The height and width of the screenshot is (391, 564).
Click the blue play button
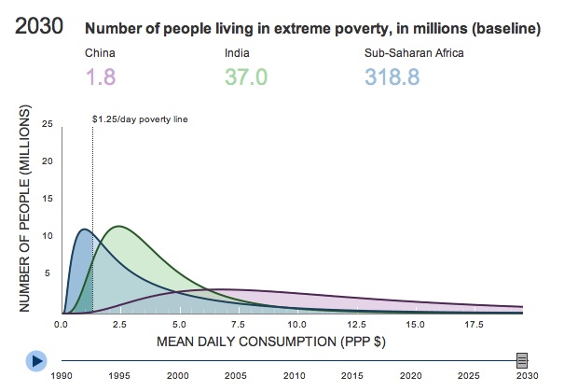pyautogui.click(x=36, y=359)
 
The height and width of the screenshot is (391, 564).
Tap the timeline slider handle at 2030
pyautogui.click(x=522, y=359)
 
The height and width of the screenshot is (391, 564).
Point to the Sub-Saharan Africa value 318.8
pyautogui.click(x=398, y=76)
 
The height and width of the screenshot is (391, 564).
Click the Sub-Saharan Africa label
pyautogui.click(x=413, y=52)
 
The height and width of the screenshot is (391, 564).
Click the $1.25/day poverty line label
pyautogui.click(x=140, y=119)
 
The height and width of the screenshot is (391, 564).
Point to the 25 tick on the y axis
pyautogui.click(x=48, y=123)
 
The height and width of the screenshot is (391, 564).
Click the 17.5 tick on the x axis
pyautogui.click(x=475, y=325)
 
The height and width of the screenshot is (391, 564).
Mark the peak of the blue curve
pyautogui.click(x=84, y=229)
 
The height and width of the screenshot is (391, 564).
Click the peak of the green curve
pyautogui.click(x=118, y=226)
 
